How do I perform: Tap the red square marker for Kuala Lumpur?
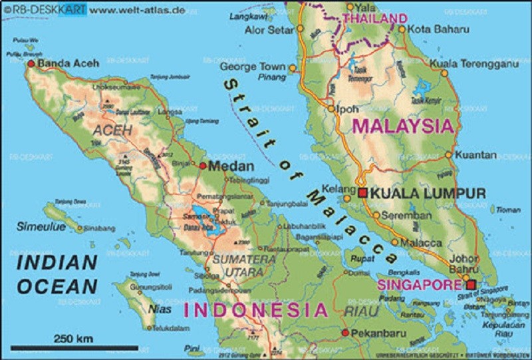tap(362, 193)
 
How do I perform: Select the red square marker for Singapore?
tap(471, 285)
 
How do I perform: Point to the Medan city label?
tap(231, 166)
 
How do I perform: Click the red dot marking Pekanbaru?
tap(344, 332)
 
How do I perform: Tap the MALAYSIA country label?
tap(404, 125)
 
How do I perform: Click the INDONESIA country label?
tap(256, 310)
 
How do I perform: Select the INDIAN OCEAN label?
tap(57, 273)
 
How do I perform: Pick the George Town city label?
tap(253, 67)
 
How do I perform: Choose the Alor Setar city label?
tap(269, 30)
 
